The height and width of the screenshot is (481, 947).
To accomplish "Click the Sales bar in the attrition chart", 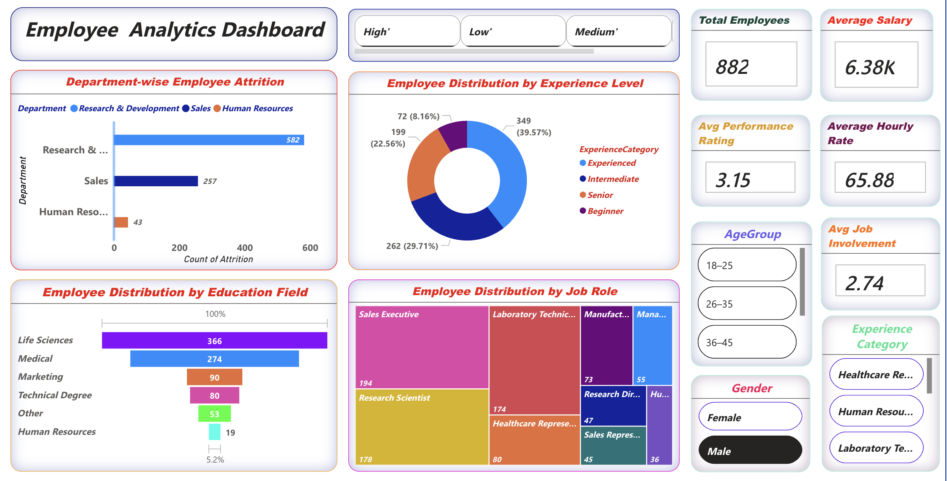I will point(156,181).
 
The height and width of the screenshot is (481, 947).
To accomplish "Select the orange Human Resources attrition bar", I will point(121,222).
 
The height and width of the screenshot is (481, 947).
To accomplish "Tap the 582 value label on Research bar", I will point(293,140).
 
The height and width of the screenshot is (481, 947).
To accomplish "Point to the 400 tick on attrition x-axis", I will point(245,248).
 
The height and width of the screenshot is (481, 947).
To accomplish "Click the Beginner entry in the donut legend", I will point(605,211).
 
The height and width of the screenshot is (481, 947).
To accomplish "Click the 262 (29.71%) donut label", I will point(412,246).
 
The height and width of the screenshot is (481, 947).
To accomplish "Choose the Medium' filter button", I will point(618,31).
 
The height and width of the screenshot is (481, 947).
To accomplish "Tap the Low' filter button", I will point(512,31).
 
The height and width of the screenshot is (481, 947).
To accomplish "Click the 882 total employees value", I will point(733,67).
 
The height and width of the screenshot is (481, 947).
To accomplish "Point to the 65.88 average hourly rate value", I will point(870,180).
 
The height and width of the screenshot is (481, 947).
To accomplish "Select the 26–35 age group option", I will point(747,304).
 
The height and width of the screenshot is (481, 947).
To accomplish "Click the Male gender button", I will point(750,451).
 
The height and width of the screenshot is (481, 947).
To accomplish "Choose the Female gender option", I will point(750,417).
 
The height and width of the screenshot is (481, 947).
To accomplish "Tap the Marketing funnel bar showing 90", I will point(214,377).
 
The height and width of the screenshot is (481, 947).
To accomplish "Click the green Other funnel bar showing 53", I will point(214,414).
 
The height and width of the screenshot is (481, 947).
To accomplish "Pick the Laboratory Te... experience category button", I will point(876,448).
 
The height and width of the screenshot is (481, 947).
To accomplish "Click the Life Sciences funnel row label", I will point(45,340).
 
